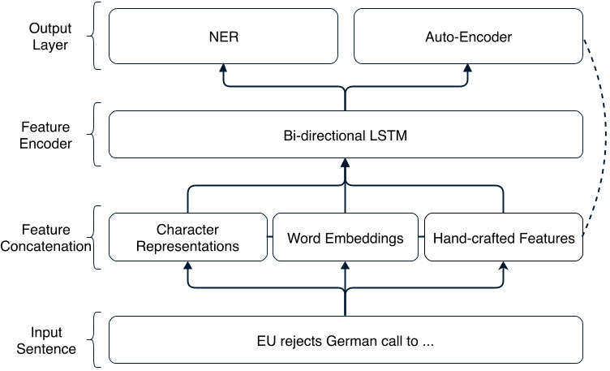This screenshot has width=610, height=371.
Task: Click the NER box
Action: [x=223, y=37]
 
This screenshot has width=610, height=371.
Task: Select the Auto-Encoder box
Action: [x=468, y=37]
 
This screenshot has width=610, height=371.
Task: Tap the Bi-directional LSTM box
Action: [x=346, y=135]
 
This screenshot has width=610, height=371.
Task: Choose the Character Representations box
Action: [x=187, y=237]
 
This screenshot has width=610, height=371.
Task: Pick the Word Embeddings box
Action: [x=346, y=238]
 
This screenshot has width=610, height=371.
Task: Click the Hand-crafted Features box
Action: [x=504, y=238]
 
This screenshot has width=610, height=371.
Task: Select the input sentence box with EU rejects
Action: [x=346, y=340]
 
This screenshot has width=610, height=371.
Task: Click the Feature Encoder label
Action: [x=45, y=135]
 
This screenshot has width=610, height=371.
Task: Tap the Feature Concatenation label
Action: [x=45, y=238]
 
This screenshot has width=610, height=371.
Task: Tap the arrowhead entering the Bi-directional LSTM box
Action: [x=346, y=164]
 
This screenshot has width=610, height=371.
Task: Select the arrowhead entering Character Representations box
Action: [x=187, y=266]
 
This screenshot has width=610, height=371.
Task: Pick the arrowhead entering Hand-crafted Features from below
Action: [x=504, y=266]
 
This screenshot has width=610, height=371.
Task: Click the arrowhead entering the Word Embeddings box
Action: [x=346, y=267]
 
